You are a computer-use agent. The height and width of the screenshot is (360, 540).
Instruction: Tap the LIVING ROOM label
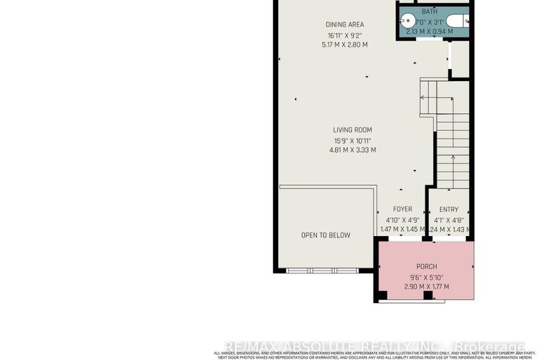[x=353, y=130]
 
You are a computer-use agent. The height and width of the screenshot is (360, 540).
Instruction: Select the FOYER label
[x=403, y=209]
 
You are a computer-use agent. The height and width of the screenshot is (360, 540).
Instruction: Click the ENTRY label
[x=448, y=209]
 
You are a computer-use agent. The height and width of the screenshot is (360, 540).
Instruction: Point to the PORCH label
[x=427, y=266]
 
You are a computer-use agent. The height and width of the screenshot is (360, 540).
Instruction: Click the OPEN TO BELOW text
[x=325, y=235]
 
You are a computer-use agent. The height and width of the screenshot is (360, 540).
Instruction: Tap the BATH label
[x=429, y=12]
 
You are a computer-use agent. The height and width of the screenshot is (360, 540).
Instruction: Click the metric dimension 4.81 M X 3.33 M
[x=353, y=149]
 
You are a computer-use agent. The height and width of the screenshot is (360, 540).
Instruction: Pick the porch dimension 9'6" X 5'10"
[x=427, y=277]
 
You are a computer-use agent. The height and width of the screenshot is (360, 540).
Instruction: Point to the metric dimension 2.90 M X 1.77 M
[x=427, y=287]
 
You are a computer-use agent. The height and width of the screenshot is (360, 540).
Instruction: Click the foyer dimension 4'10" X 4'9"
[x=403, y=219]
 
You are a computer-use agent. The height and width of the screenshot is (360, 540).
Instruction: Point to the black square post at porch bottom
[x=427, y=294]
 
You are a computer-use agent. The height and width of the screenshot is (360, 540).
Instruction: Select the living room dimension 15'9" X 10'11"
[x=353, y=139]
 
